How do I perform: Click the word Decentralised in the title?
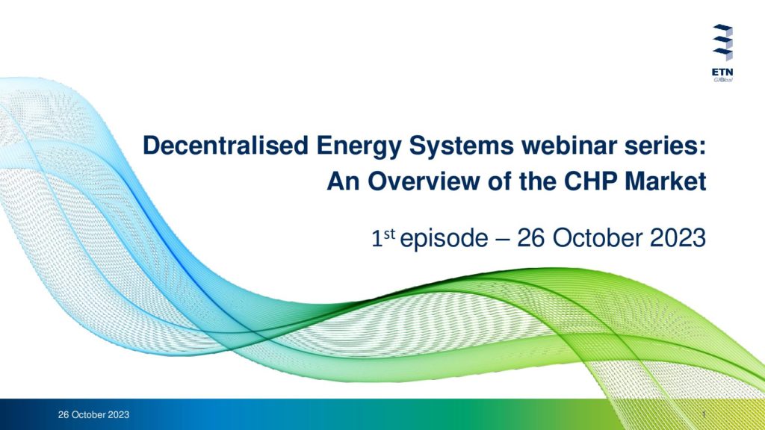point(226,146)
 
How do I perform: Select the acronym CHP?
point(590,181)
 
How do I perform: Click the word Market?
point(666,181)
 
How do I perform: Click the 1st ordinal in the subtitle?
point(383,237)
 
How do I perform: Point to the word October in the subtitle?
point(598,238)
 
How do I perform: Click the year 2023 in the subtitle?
point(678,238)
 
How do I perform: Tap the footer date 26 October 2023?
point(93,415)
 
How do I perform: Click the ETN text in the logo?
point(722,72)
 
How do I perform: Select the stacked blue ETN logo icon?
point(722,43)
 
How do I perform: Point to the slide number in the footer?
point(704,414)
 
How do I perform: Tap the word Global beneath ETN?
point(723,79)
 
